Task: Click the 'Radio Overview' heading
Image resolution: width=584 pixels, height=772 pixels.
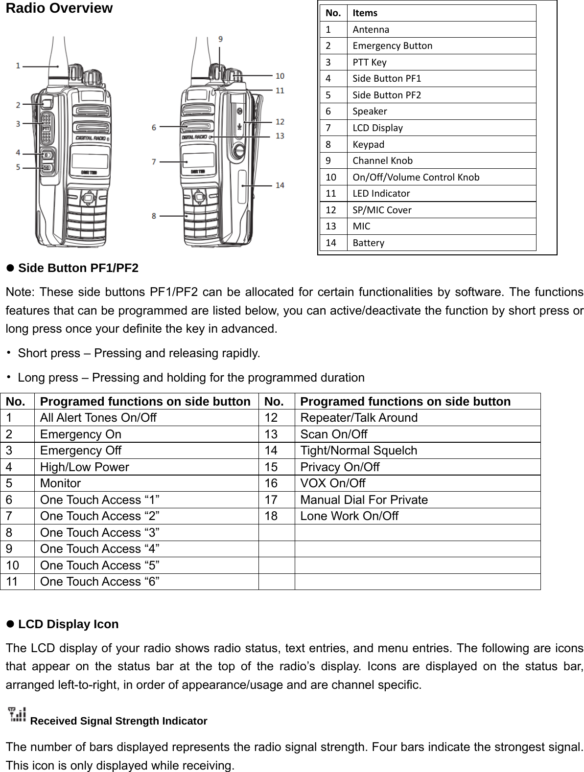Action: tap(59, 9)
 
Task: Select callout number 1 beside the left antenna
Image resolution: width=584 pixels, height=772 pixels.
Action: tap(18, 65)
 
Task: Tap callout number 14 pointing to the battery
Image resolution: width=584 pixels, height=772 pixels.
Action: tap(280, 185)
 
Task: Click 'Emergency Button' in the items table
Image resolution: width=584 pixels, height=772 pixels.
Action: tap(392, 45)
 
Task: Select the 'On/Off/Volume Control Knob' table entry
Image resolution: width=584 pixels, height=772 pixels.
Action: tap(416, 177)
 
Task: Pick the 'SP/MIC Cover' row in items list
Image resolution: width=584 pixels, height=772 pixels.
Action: tap(382, 210)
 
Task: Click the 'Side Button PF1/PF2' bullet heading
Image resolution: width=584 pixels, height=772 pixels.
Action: tap(78, 268)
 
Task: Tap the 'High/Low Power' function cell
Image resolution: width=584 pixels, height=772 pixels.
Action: tap(85, 467)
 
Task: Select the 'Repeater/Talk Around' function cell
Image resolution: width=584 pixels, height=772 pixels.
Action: tap(358, 418)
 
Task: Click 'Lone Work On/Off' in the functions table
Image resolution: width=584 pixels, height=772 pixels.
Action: tap(349, 516)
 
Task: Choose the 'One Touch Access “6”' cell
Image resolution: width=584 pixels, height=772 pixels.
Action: tap(99, 581)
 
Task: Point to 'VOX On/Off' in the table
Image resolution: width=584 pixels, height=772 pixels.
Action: tap(332, 483)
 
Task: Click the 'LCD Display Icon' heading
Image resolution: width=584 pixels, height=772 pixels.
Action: tap(68, 624)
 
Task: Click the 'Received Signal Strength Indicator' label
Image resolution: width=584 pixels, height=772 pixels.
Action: tap(118, 721)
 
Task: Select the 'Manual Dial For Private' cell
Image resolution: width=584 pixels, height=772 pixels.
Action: tap(364, 500)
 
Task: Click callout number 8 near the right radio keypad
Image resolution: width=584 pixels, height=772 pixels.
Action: tap(154, 215)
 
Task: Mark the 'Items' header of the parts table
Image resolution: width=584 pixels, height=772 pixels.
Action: tap(365, 13)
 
